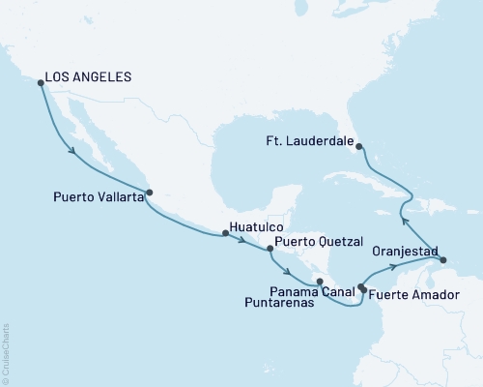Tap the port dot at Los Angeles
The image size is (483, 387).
pyautogui.click(x=40, y=83)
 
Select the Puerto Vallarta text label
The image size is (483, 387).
pyautogui.click(x=94, y=196)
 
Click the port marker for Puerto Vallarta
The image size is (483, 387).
pyautogui.click(x=148, y=192)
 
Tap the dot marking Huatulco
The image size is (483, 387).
pyautogui.click(x=225, y=233)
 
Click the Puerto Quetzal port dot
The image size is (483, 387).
pyautogui.click(x=270, y=249)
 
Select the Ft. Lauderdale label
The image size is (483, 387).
pyautogui.click(x=309, y=138)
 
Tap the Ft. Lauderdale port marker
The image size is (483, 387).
pyautogui.click(x=359, y=146)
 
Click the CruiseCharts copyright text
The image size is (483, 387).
pyautogui.click(x=6, y=353)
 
